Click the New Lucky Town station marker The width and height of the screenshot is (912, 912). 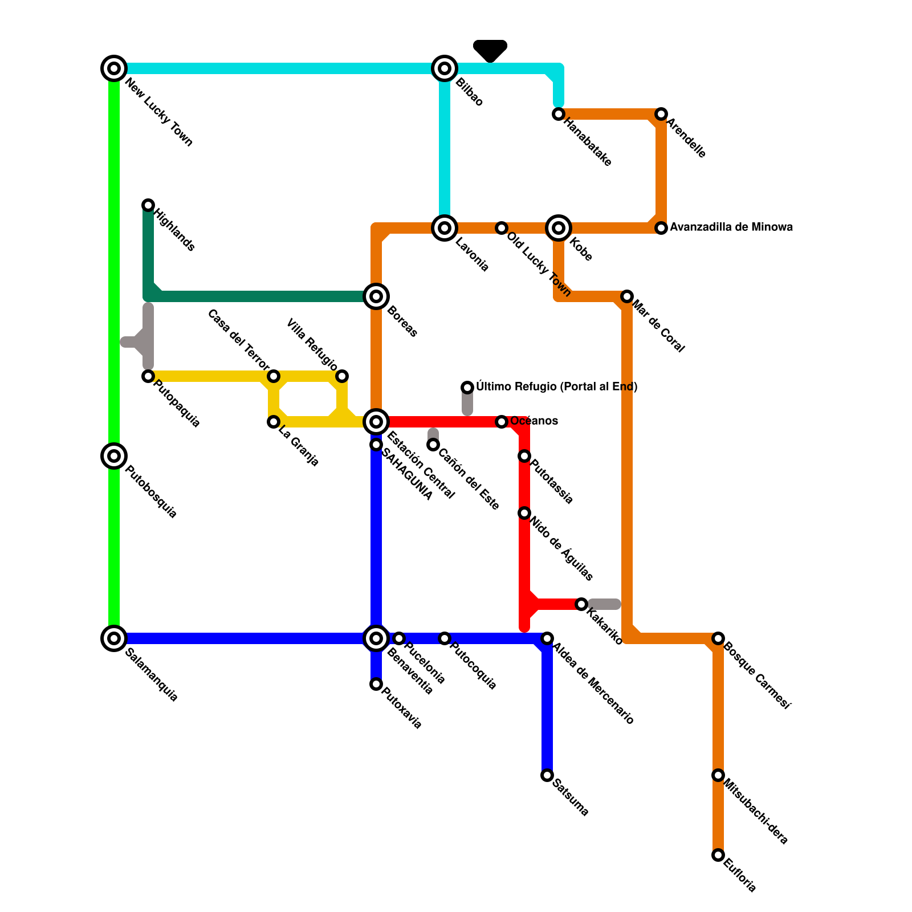pyautogui.click(x=114, y=68)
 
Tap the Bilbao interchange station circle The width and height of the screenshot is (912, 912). pyautogui.click(x=445, y=68)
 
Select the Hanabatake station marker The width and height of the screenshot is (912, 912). pyautogui.click(x=559, y=114)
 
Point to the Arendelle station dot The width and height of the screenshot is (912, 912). pyautogui.click(x=661, y=114)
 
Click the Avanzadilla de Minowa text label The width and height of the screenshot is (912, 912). pyautogui.click(x=731, y=227)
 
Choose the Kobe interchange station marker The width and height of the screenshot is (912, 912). pyautogui.click(x=559, y=228)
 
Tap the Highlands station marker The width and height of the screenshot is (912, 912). pyautogui.click(x=148, y=205)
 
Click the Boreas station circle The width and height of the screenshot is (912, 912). pyautogui.click(x=376, y=296)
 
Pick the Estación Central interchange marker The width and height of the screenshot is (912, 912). pyautogui.click(x=376, y=422)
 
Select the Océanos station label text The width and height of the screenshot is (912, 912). pyautogui.click(x=534, y=421)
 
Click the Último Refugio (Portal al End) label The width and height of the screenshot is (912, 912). pyautogui.click(x=556, y=387)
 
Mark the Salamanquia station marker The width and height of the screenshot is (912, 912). pyautogui.click(x=114, y=638)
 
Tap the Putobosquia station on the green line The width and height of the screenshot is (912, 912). pyautogui.click(x=114, y=456)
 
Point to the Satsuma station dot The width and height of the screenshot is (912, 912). pyautogui.click(x=547, y=775)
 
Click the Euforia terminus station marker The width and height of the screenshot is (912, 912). pyautogui.click(x=718, y=855)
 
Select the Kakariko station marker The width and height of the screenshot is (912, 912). pyautogui.click(x=581, y=604)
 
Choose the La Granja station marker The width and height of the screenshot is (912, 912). pyautogui.click(x=274, y=422)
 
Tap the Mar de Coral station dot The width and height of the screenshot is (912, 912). pyautogui.click(x=627, y=296)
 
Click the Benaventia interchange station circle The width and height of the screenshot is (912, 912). pyautogui.click(x=376, y=638)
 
